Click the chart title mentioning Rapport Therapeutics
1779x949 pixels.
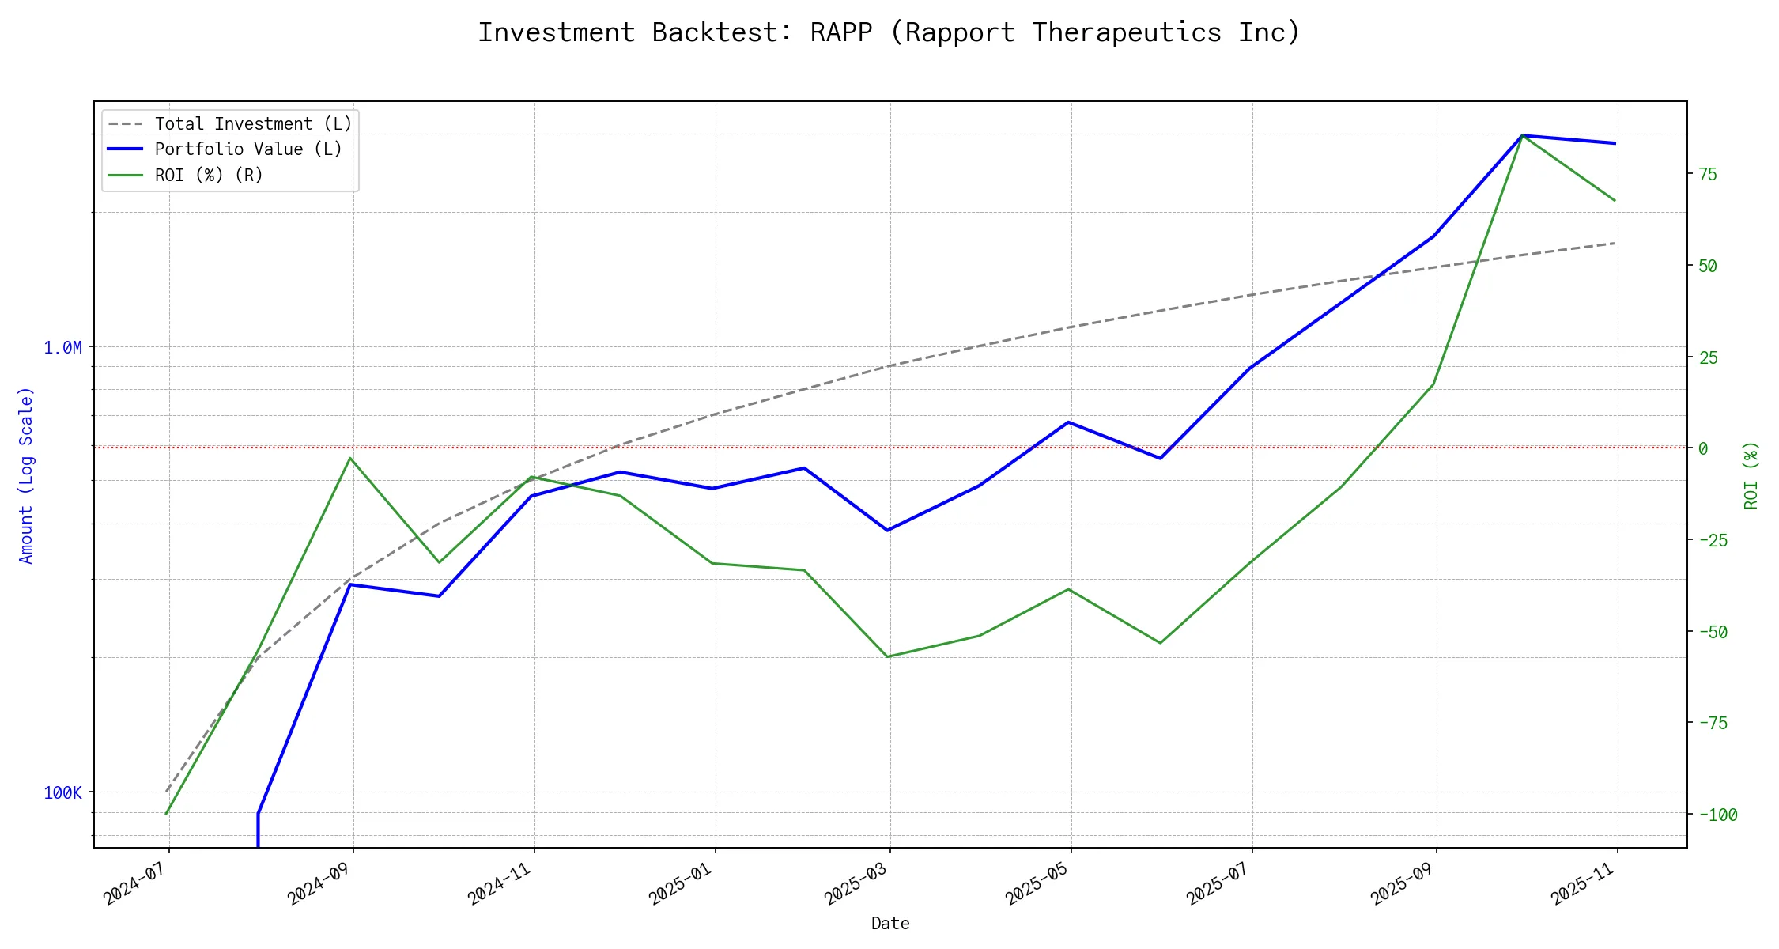889,32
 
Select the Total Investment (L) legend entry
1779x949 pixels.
253,124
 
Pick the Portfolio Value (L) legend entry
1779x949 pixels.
248,149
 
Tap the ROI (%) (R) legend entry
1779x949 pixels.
209,175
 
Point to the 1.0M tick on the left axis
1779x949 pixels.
62,347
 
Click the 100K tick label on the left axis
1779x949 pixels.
62,792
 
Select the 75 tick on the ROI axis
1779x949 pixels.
1708,174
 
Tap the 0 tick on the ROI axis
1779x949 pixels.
1703,448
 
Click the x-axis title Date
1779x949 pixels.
890,923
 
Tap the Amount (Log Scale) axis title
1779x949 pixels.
26,475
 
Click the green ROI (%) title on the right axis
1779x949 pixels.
1751,475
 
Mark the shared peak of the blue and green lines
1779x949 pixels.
1522,135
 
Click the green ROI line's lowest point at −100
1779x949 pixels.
166,814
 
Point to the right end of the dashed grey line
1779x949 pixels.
1615,243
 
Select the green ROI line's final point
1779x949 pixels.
1615,201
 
